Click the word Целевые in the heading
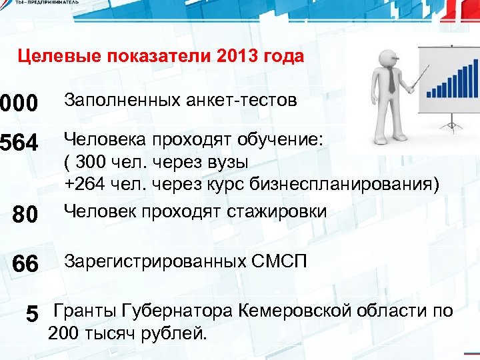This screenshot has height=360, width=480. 52,56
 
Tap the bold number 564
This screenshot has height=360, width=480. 19,143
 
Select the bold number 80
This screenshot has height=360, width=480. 25,215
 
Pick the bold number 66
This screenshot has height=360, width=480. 25,264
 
